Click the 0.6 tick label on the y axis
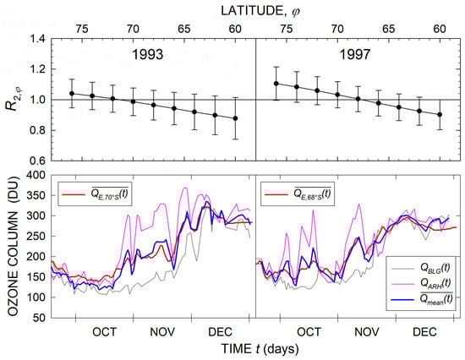tap(33, 161)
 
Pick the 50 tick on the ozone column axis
tap(34, 319)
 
